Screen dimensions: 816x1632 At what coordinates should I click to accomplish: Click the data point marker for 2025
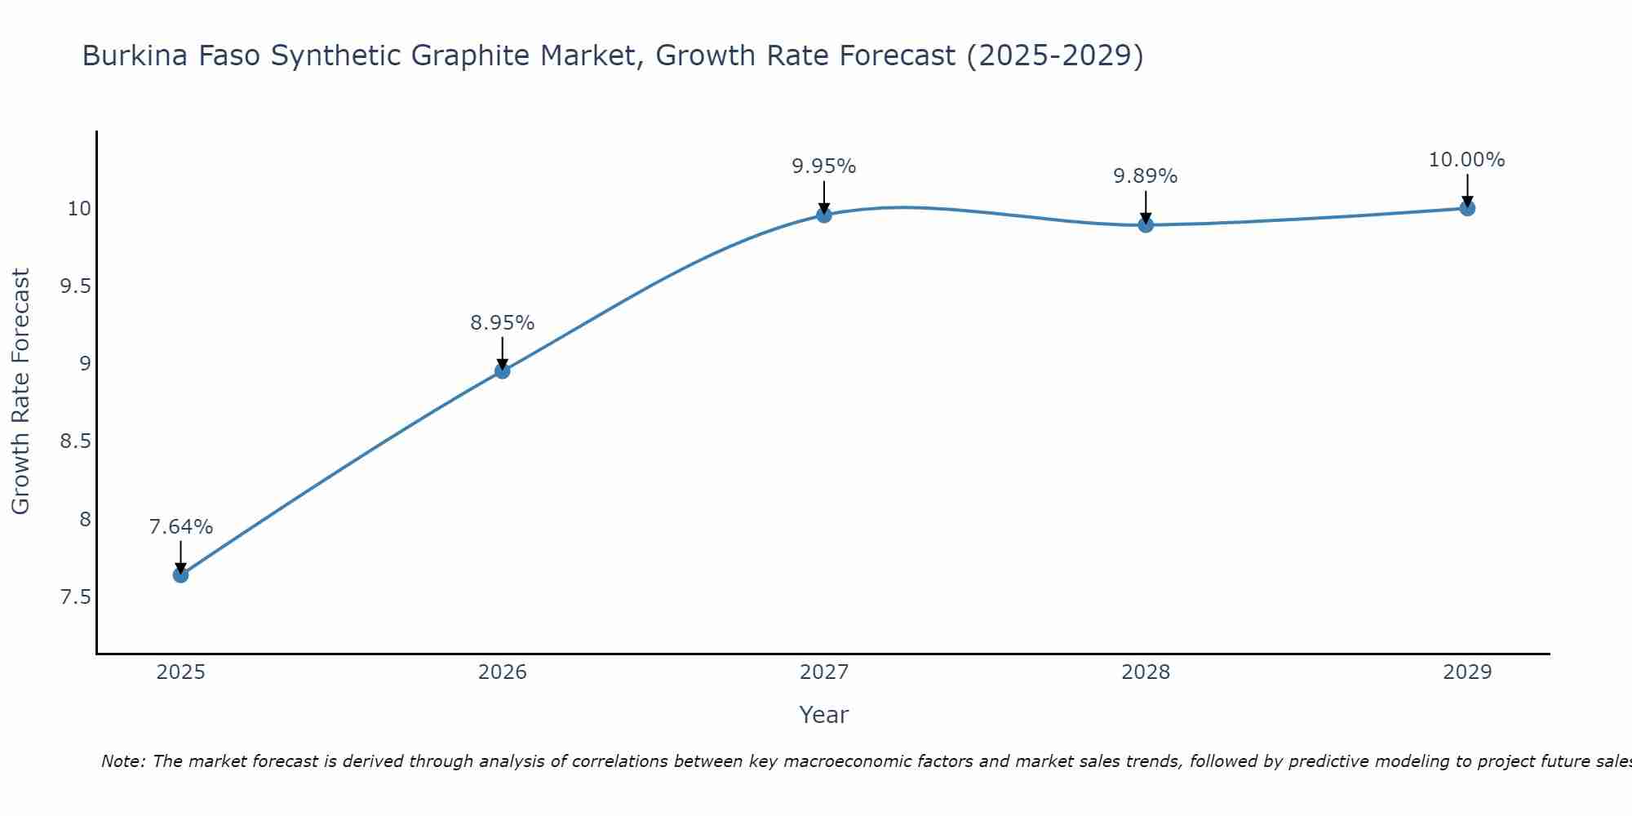click(x=180, y=574)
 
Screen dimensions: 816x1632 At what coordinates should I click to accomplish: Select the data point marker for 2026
click(x=502, y=370)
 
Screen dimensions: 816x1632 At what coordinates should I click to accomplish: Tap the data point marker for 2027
click(x=823, y=215)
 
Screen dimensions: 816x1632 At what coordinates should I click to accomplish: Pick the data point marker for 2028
click(x=1145, y=224)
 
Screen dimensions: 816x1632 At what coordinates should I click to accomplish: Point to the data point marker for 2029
click(x=1466, y=207)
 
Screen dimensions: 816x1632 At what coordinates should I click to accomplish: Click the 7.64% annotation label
click(x=180, y=527)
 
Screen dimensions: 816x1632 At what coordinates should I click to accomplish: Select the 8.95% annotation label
click(x=502, y=323)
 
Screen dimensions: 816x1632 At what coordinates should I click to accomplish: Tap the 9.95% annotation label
click(x=823, y=166)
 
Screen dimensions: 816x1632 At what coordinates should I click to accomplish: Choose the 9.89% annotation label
click(x=1145, y=176)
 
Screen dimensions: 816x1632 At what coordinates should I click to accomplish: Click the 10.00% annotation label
click(x=1466, y=160)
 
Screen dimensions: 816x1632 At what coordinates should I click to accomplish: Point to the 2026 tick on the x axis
click(x=502, y=672)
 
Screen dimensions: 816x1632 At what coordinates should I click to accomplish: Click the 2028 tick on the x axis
click(x=1145, y=672)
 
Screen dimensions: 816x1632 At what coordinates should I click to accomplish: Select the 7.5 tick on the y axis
click(x=75, y=597)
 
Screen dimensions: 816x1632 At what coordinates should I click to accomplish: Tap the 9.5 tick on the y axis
click(x=75, y=286)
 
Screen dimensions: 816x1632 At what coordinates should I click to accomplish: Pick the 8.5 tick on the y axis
click(x=75, y=441)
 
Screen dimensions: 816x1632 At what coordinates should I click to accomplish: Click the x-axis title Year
click(x=823, y=715)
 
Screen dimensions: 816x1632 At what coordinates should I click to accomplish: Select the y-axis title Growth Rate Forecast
click(x=21, y=392)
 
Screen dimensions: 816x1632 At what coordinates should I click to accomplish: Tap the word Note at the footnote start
click(x=122, y=761)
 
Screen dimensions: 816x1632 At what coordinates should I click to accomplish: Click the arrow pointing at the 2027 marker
click(x=823, y=196)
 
